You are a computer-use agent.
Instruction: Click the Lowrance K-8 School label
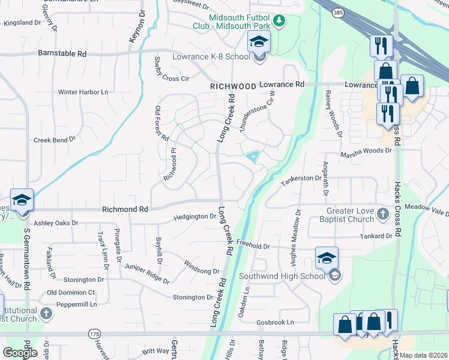(x=202, y=57)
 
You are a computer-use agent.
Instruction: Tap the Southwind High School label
(x=282, y=276)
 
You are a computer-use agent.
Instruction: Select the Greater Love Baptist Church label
(x=350, y=215)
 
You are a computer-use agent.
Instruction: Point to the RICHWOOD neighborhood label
(x=234, y=86)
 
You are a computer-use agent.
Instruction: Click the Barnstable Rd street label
(x=62, y=53)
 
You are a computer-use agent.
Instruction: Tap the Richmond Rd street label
(x=125, y=209)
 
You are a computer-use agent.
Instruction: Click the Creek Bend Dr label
(x=54, y=139)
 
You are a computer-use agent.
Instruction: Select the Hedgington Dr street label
(x=194, y=217)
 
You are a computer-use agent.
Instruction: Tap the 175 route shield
(x=94, y=333)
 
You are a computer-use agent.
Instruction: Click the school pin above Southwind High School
(x=327, y=258)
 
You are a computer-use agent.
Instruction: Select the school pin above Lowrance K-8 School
(x=259, y=41)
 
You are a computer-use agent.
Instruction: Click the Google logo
(x=20, y=353)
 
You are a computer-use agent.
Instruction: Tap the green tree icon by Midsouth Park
(x=279, y=21)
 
